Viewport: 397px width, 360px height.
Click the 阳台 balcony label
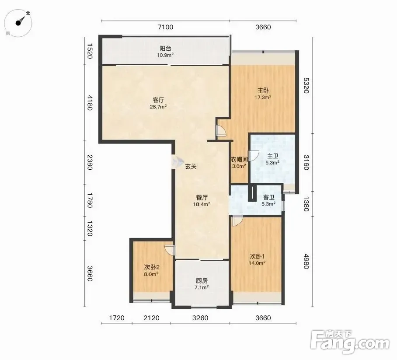[165, 49]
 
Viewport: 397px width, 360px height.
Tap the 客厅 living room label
[158, 100]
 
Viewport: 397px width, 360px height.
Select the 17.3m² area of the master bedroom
[263, 97]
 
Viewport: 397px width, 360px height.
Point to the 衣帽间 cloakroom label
[239, 159]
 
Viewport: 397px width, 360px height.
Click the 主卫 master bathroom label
[272, 156]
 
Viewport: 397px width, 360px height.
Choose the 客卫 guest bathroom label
[268, 197]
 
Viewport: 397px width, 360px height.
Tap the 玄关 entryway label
[191, 167]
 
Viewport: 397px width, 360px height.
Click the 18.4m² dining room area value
[202, 204]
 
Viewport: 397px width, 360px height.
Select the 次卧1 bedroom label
[257, 256]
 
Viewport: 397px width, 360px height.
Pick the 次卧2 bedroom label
[152, 267]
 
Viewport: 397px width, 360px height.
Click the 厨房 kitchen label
[202, 281]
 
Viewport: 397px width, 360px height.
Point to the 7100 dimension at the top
[166, 27]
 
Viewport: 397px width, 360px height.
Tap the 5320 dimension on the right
[306, 85]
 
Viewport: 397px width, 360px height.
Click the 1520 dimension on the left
[89, 51]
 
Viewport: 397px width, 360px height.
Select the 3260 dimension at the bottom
[200, 318]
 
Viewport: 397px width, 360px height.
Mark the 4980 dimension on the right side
[306, 261]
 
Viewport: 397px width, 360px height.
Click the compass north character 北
[28, 13]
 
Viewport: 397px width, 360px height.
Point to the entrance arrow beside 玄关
[177, 162]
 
